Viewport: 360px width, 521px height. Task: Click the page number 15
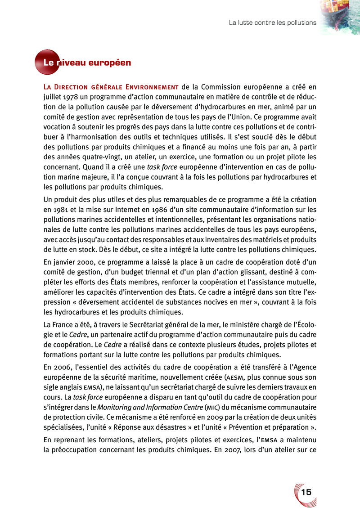[x=307, y=492]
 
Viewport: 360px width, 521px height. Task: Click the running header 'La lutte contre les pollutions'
[x=273, y=22]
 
